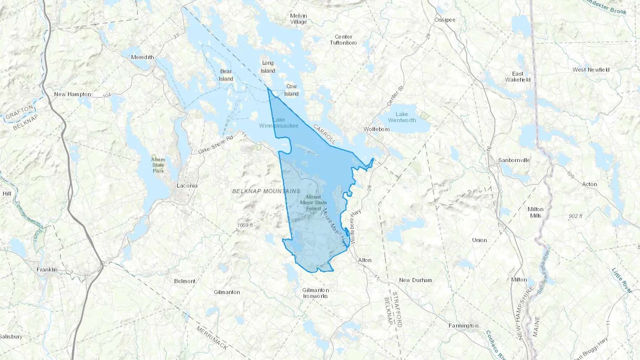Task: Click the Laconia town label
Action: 187,186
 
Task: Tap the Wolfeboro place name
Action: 377,129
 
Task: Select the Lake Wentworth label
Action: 402,117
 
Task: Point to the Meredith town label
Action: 143,57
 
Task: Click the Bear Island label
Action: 226,75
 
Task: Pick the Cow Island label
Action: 291,90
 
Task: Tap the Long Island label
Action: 268,67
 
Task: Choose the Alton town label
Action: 364,260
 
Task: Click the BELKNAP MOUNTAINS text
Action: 266,191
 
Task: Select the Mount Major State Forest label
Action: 314,203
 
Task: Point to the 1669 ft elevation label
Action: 245,225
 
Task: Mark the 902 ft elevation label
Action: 575,216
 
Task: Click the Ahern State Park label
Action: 158,165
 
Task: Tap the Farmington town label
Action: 463,326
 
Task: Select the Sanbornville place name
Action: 514,160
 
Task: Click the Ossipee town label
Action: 445,20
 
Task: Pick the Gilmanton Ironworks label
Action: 315,293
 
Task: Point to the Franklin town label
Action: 47,270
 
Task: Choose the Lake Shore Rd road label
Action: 215,145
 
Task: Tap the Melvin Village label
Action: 298,19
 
